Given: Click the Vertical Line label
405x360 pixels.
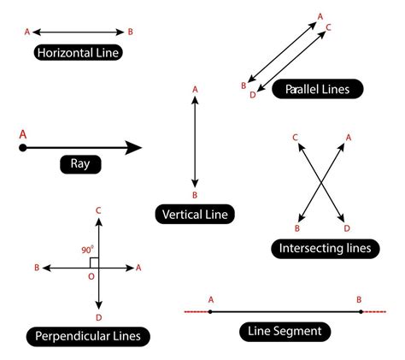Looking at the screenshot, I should [195, 214].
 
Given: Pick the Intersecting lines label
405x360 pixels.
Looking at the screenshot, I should [325, 249].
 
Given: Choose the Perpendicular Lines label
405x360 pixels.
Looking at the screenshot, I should [88, 336].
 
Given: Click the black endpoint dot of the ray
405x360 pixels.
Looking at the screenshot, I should [23, 148].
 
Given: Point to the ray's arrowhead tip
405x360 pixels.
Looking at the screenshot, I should [141, 148].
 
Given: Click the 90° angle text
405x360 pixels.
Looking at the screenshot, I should [87, 250].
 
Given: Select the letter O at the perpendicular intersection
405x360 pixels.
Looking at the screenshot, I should [91, 276].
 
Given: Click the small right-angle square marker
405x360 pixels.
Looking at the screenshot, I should [95, 263].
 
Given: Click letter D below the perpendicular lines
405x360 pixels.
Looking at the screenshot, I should [100, 317].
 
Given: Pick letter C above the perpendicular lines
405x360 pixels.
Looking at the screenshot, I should [100, 210].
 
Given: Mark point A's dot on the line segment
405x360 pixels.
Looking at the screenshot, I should [210, 311].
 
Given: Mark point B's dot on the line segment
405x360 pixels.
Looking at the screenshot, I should [360, 311].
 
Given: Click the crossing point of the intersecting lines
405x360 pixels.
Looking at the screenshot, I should [322, 181].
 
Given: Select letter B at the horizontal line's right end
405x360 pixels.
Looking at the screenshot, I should [130, 32].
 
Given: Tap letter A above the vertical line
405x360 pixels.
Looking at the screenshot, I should [195, 89].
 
